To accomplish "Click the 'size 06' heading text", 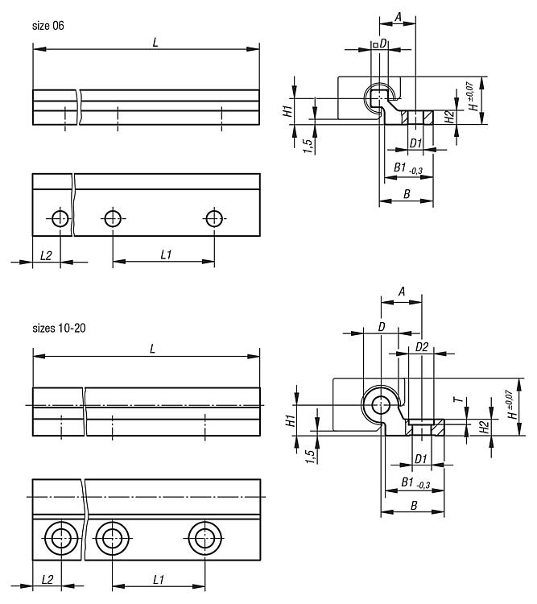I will (x=48, y=26).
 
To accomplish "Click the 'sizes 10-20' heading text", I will (x=59, y=329).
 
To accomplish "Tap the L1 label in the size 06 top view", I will (x=166, y=254).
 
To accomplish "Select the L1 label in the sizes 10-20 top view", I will (x=159, y=579).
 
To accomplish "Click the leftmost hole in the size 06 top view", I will (x=60, y=217).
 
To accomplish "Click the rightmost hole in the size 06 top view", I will (x=214, y=217).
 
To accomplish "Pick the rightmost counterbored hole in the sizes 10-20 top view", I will (x=205, y=537).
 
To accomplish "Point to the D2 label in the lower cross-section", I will (x=420, y=347).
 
